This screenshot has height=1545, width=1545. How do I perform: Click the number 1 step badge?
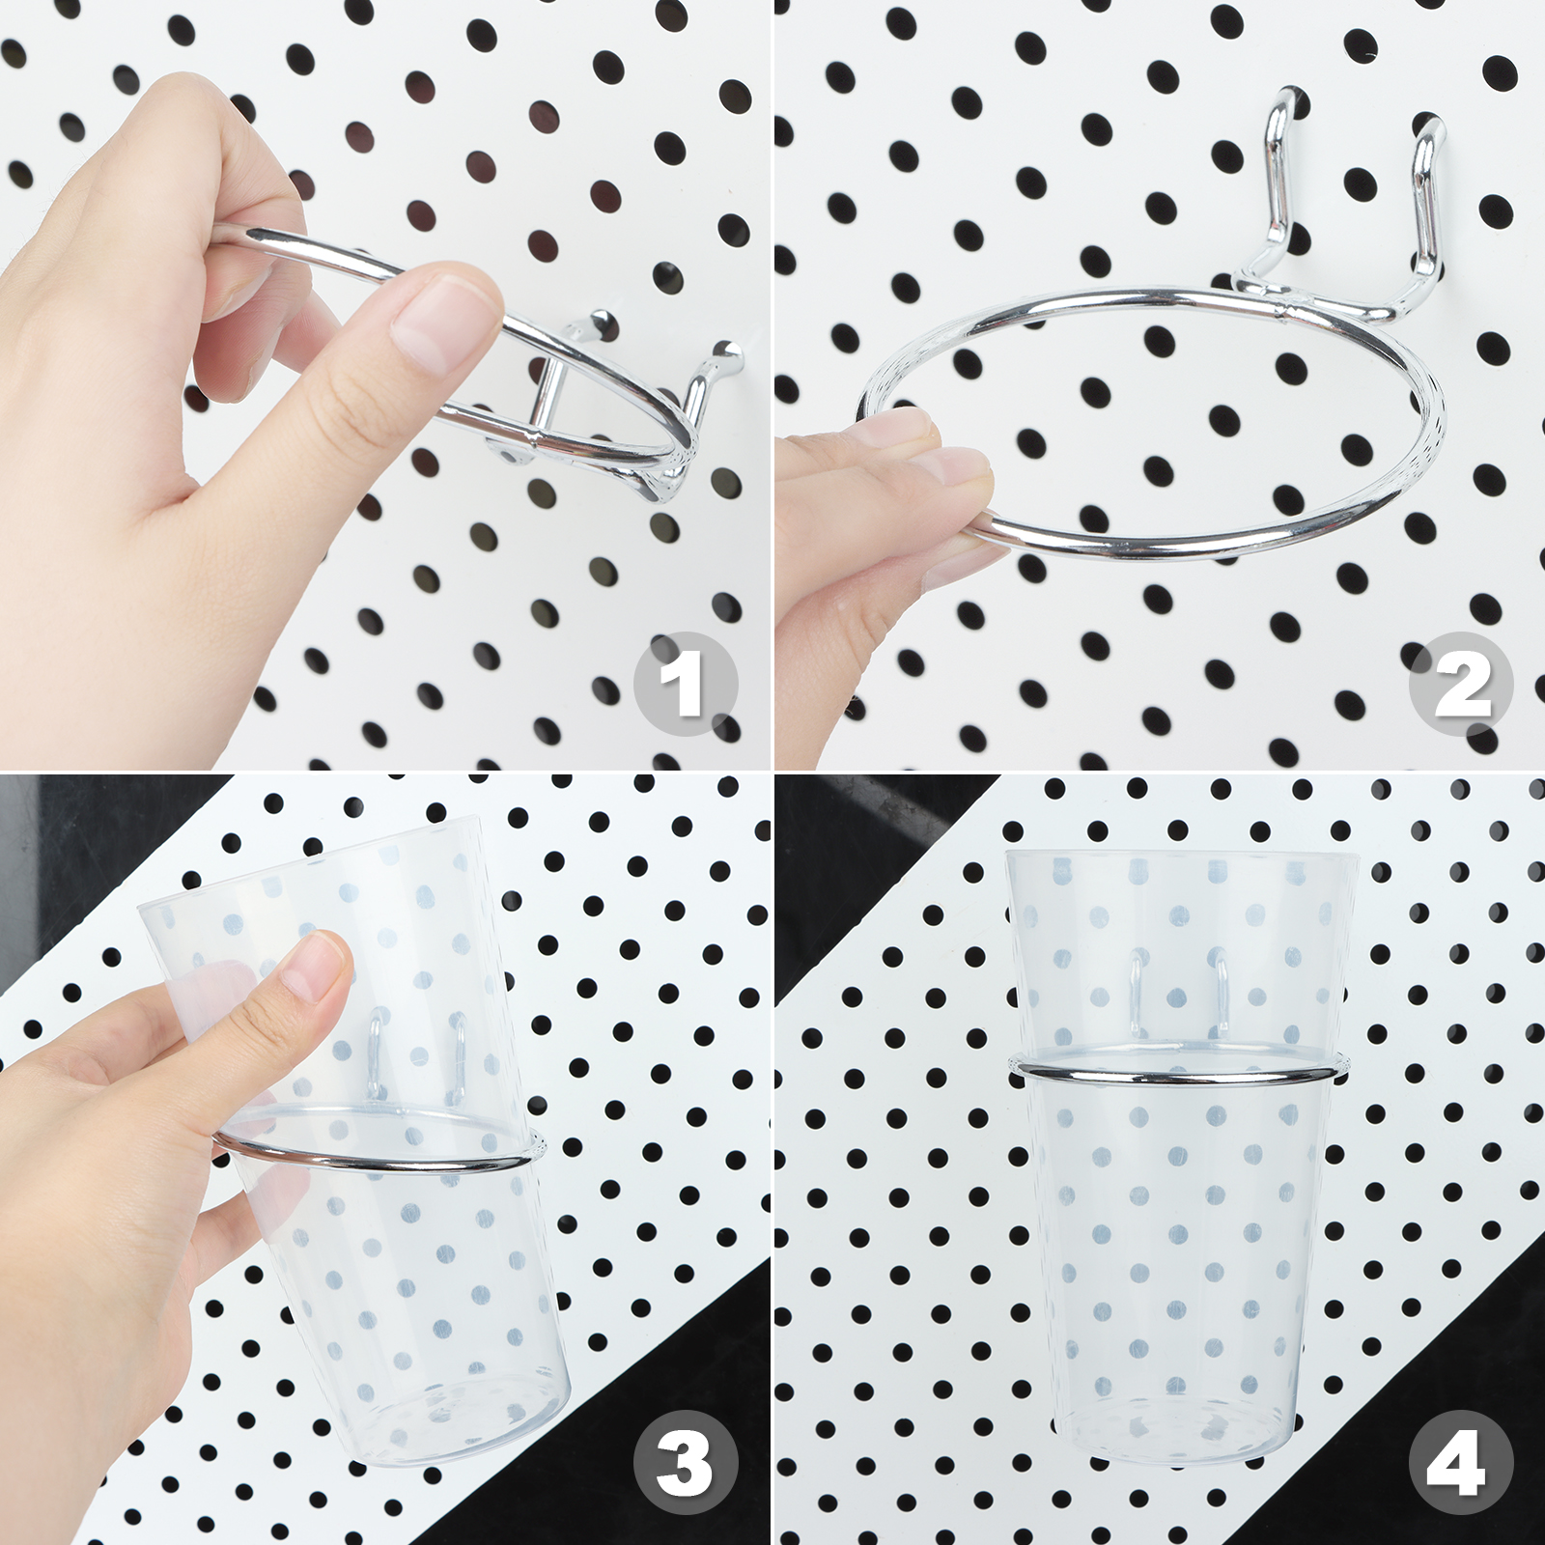tap(685, 685)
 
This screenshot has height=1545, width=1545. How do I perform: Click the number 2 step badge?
tap(1460, 685)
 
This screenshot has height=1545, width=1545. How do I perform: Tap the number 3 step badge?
tap(685, 1462)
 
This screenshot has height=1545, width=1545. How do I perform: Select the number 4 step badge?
tap(1460, 1462)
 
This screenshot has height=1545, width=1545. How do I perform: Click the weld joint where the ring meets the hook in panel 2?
tap(1284, 309)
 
